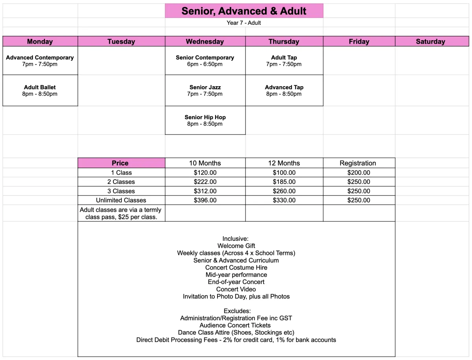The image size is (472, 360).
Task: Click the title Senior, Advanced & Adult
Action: point(244,11)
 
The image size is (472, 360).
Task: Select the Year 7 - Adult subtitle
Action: point(244,23)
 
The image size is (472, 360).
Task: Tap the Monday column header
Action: point(40,41)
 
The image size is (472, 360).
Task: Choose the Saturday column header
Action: point(431,41)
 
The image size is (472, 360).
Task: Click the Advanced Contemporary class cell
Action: point(40,61)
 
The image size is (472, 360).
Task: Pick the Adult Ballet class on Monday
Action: point(40,90)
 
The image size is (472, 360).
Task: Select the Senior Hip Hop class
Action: point(205,120)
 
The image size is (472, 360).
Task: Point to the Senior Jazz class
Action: point(205,90)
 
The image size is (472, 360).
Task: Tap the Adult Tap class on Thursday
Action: point(284,61)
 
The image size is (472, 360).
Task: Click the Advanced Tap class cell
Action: point(284,90)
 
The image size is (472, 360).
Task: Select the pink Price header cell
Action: point(120,163)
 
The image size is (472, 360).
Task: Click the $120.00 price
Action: point(205,173)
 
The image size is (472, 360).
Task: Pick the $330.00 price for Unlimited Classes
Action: point(284,200)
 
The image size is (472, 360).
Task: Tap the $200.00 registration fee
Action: point(359,173)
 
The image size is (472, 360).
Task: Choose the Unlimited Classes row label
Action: point(121,200)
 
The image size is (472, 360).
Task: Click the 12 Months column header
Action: point(284,163)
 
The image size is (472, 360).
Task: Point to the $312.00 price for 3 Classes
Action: point(205,191)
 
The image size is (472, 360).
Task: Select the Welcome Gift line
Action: point(236,246)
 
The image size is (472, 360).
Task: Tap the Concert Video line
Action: point(236,289)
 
